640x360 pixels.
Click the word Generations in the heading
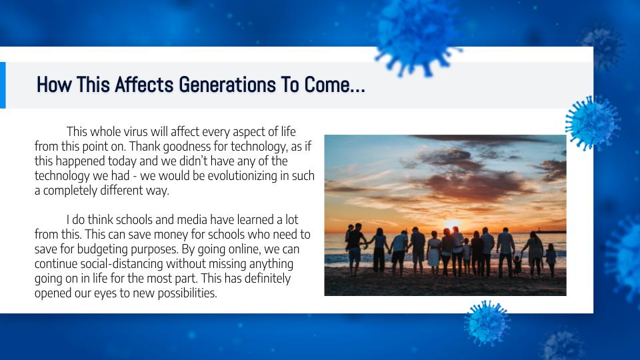227,85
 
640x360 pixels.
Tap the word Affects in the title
144,85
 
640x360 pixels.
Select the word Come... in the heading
335,85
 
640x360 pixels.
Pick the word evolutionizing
243,176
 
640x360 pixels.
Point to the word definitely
267,279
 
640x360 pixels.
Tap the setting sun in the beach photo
452,225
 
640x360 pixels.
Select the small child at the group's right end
551,259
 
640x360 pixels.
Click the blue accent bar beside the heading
3,85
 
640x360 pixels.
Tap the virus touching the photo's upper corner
592,123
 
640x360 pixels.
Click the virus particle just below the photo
487,323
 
